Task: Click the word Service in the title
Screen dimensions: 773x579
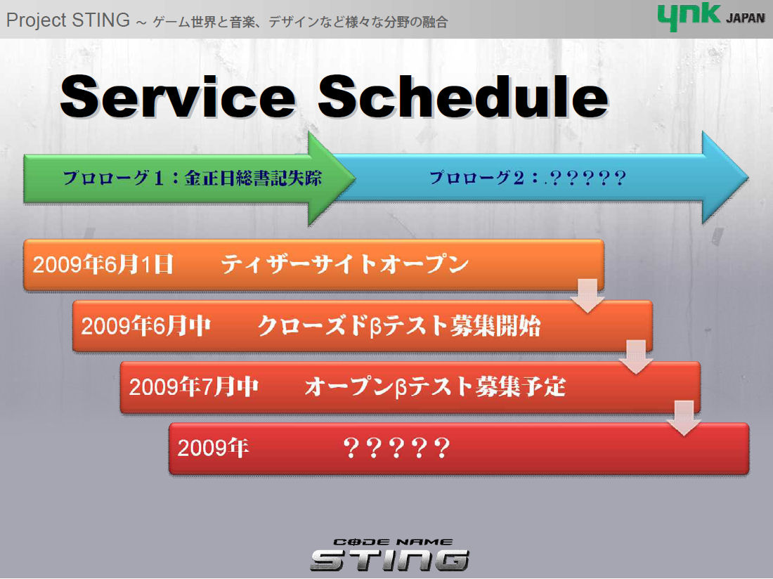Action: click(178, 96)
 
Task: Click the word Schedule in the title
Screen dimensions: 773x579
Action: click(463, 96)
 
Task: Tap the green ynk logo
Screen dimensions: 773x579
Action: click(689, 16)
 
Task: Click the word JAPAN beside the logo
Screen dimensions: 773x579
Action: click(745, 18)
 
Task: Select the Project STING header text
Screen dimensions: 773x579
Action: click(68, 20)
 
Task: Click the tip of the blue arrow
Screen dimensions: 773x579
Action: click(748, 177)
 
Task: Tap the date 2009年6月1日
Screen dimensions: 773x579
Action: click(103, 265)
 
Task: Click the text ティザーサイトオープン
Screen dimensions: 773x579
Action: click(344, 264)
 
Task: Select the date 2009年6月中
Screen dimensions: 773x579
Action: click(146, 326)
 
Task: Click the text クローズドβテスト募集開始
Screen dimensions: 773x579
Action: click(399, 326)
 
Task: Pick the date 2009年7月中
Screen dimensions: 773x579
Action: click(194, 387)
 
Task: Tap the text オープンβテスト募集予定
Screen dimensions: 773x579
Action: click(435, 387)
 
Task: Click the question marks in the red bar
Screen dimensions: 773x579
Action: click(396, 448)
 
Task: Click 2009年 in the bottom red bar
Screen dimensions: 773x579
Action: click(213, 448)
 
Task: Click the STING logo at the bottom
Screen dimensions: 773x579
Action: click(389, 560)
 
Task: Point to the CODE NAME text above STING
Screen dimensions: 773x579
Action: click(386, 542)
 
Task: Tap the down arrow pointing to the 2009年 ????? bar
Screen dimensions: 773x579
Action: click(684, 418)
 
